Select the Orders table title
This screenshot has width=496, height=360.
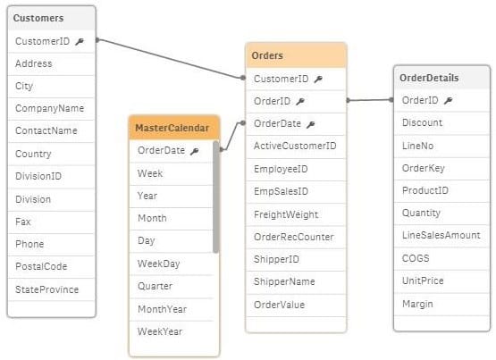(267, 55)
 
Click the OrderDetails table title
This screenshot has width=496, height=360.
(429, 78)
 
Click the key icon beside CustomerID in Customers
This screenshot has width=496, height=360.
(80, 41)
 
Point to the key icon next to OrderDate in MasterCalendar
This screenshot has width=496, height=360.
(195, 151)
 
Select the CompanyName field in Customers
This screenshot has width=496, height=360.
(50, 108)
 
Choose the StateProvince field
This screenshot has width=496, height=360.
(47, 289)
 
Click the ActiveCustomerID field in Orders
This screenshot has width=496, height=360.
(295, 146)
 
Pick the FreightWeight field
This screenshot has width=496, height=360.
(286, 214)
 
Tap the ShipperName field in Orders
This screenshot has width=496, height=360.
(284, 281)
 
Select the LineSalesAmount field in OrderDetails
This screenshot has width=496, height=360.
(441, 235)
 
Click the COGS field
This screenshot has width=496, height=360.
(416, 258)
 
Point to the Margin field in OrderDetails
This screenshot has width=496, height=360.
(417, 304)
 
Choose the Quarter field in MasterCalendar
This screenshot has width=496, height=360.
(155, 286)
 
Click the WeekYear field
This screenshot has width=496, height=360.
(160, 331)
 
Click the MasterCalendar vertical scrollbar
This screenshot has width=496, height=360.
(215, 197)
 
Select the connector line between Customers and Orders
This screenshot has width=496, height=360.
(170, 59)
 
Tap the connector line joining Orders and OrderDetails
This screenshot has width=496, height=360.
(370, 100)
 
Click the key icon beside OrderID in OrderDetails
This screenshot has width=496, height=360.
(449, 101)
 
